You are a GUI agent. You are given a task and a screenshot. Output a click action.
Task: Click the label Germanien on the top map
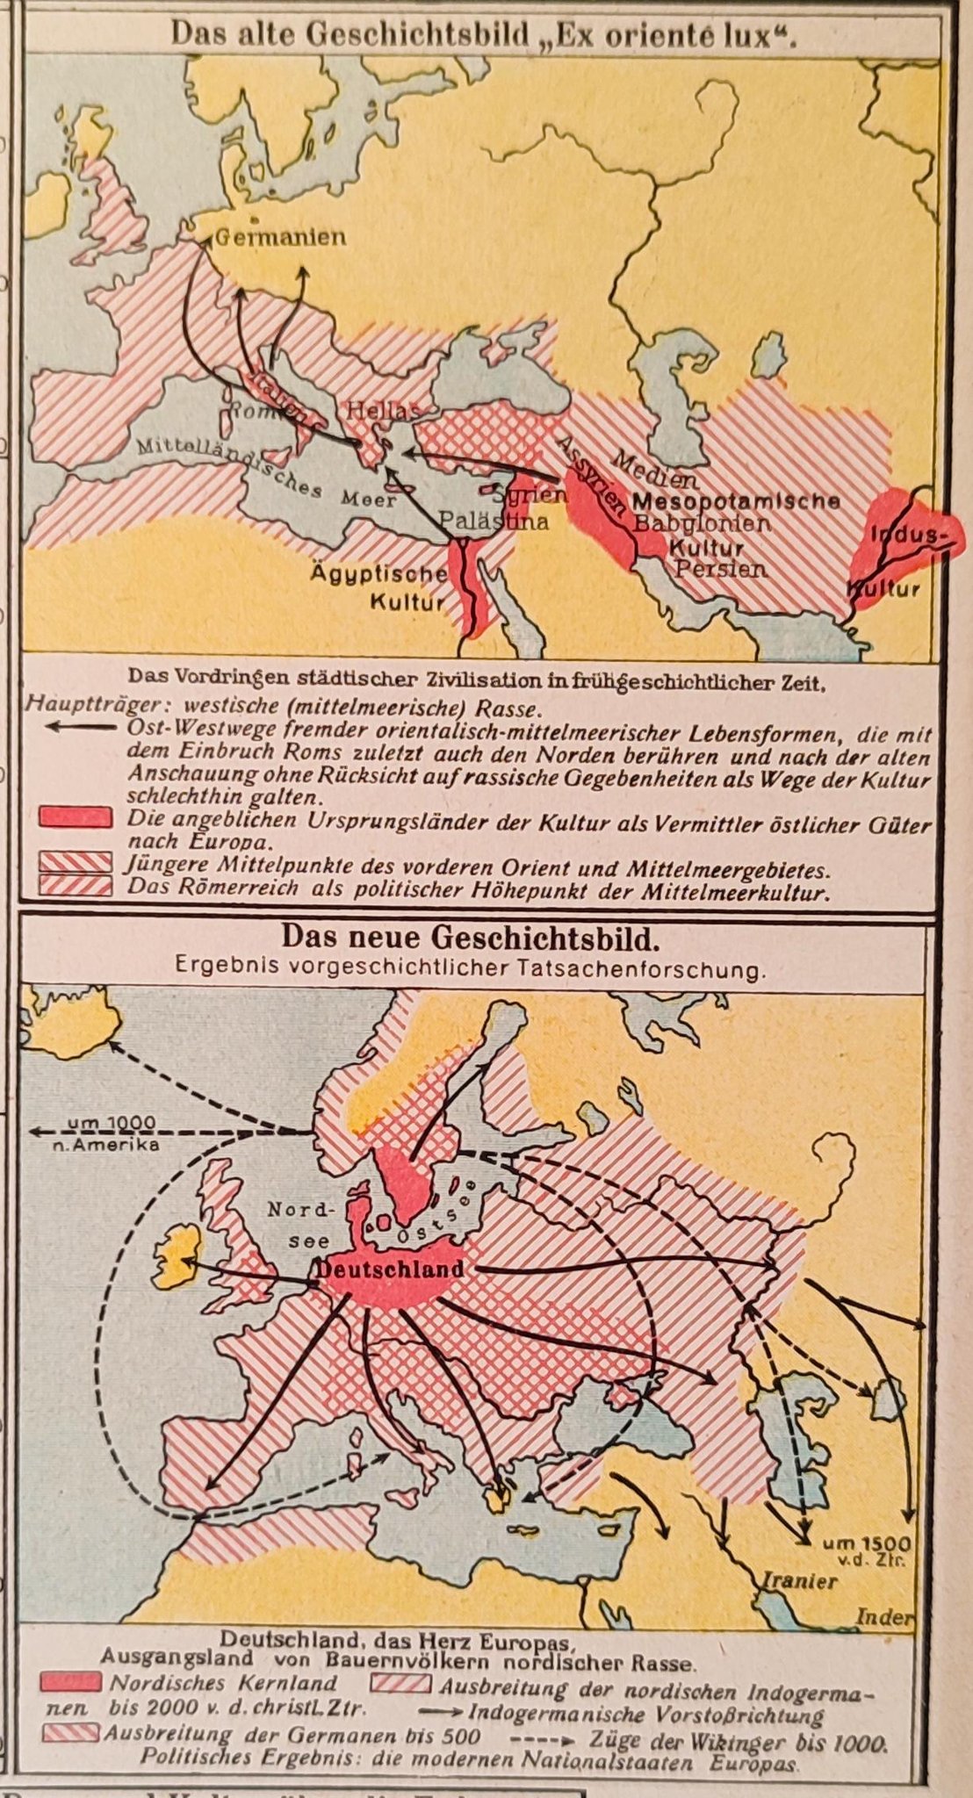click(280, 237)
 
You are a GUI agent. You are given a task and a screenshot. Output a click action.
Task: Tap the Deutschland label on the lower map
click(390, 1269)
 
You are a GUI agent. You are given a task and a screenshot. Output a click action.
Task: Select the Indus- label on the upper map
click(909, 535)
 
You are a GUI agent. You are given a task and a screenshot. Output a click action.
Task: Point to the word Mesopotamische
click(735, 502)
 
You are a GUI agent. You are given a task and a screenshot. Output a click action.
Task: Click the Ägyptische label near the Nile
click(378, 574)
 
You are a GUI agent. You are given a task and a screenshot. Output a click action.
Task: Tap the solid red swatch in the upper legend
click(76, 817)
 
